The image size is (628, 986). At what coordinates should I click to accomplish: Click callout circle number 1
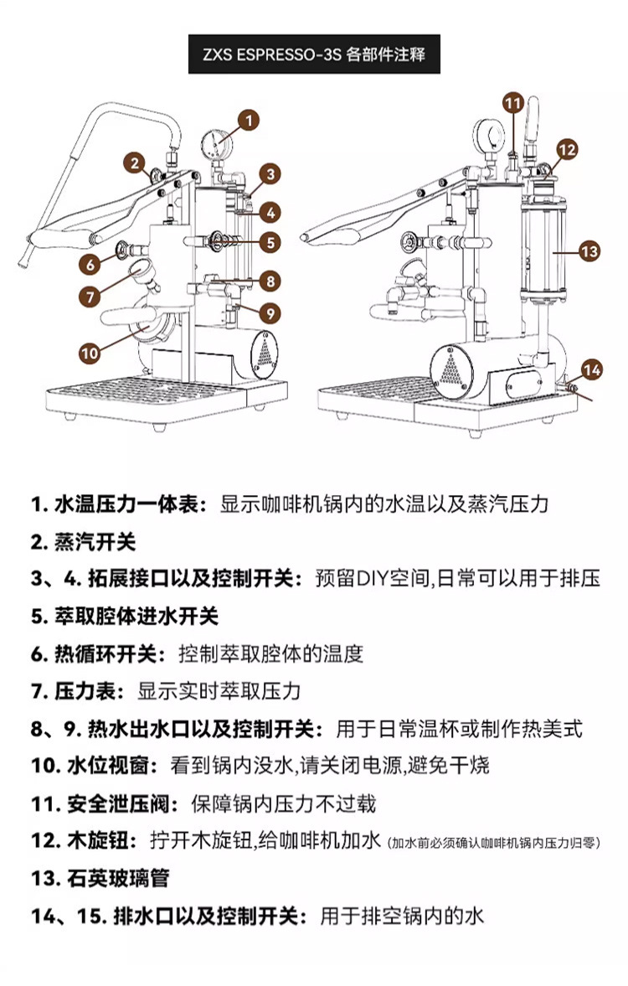(248, 120)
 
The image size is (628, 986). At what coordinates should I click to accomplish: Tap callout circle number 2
(135, 162)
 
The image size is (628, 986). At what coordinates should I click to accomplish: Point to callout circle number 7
(90, 296)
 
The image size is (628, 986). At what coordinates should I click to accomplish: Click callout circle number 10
(90, 353)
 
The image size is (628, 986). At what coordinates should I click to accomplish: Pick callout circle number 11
(513, 103)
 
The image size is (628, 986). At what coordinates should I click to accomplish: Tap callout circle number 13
(590, 250)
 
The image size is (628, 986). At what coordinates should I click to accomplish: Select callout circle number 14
(591, 369)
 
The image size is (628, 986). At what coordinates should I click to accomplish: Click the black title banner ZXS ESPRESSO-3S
(314, 55)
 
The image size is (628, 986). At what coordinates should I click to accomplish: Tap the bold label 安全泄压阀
(122, 804)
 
